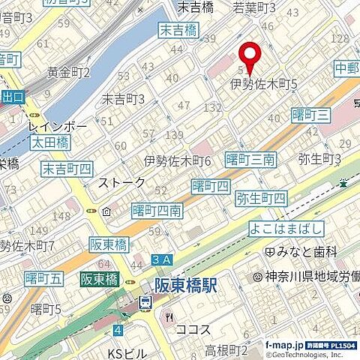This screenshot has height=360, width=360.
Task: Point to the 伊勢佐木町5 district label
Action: [x=263, y=85]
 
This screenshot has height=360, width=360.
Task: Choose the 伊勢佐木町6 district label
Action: [x=178, y=160]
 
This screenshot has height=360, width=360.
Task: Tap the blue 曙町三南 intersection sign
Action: [x=253, y=160]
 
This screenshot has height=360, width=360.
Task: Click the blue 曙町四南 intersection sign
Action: [x=155, y=211]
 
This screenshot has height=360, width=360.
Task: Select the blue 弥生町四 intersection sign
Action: [x=260, y=199]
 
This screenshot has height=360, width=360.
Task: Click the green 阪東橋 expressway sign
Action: [x=100, y=278]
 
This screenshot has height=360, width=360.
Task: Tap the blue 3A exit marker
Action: [x=161, y=259]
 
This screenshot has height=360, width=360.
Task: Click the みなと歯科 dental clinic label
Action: [x=313, y=252]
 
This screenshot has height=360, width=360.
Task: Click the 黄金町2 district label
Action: [x=68, y=73]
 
